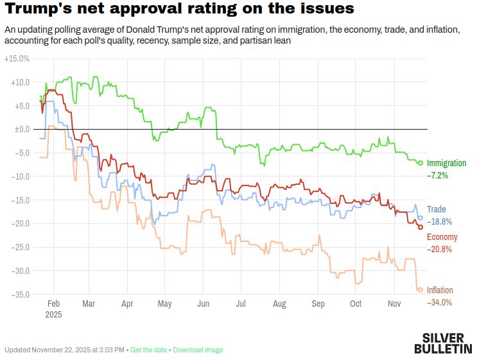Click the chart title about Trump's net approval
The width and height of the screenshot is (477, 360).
pyautogui.click(x=179, y=10)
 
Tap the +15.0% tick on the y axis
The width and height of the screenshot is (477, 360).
pyautogui.click(x=17, y=58)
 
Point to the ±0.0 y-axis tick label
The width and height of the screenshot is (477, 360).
pyautogui.click(x=21, y=129)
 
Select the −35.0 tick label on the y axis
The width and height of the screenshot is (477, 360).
pyautogui.click(x=19, y=294)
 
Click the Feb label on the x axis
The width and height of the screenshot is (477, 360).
pyautogui.click(x=54, y=304)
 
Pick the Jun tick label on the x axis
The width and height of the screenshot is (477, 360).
pyautogui.click(x=204, y=304)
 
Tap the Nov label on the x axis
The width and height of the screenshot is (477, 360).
pyautogui.click(x=395, y=304)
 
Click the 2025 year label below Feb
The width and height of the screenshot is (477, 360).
pyautogui.click(x=54, y=315)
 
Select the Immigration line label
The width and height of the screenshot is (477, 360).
pyautogui.click(x=446, y=164)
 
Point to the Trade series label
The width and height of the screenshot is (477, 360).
pyautogui.click(x=436, y=210)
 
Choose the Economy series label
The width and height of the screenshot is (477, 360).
pyautogui.click(x=442, y=237)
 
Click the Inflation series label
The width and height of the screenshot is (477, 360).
pyautogui.click(x=440, y=291)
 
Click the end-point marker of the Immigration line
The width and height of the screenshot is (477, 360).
pyautogui.click(x=421, y=163)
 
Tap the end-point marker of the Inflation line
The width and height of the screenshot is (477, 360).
pyautogui.click(x=421, y=289)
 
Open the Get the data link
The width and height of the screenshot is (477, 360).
pyautogui.click(x=148, y=350)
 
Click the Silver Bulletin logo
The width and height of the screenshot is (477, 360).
pyautogui.click(x=442, y=343)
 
